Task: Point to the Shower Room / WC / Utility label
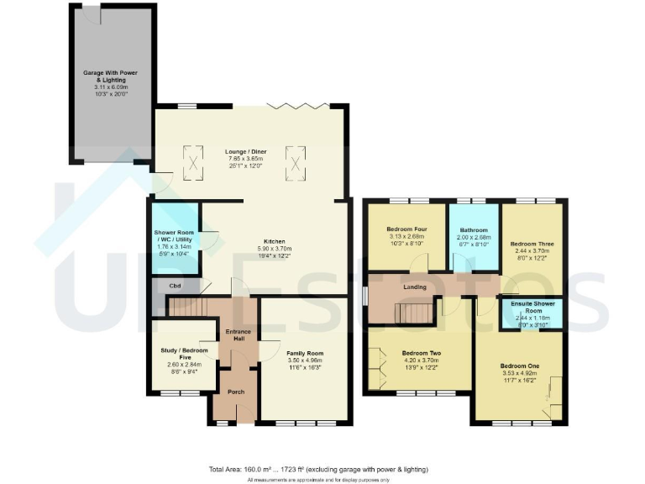(175, 236)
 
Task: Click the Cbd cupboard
(176, 287)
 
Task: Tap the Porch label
(236, 392)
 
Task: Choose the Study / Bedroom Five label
(186, 354)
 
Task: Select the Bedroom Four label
(407, 229)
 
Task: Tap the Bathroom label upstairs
(475, 229)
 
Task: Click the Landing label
(414, 287)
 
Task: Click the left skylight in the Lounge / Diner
(193, 161)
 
